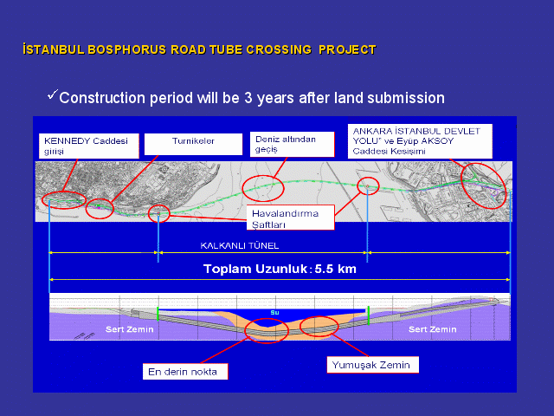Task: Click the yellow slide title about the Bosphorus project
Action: coord(199,49)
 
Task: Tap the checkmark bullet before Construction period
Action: coord(52,94)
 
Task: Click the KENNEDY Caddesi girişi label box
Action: coord(88,146)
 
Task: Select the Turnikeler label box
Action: coord(193,144)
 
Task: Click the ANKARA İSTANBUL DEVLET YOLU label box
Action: coord(420,141)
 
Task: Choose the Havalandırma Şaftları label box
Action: coord(291,218)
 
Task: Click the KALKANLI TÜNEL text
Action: coord(240,245)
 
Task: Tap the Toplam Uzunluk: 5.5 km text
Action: coord(280,269)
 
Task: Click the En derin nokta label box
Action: coord(185,372)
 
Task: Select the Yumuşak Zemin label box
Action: coord(373,365)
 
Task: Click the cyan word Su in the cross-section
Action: coord(275,312)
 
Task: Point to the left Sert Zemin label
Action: coord(129,329)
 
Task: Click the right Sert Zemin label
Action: coord(433,329)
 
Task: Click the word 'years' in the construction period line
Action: coord(275,98)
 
